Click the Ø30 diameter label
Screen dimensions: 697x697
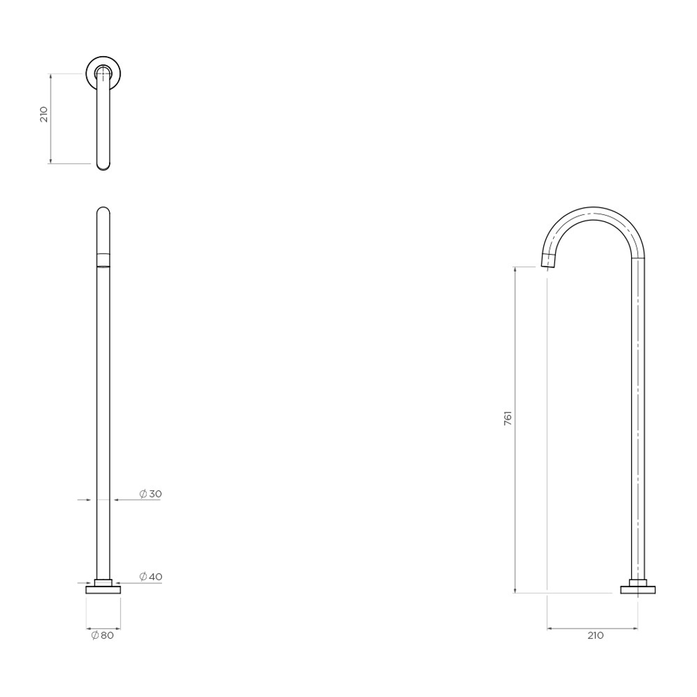[x=150, y=494]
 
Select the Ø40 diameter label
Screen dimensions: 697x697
[x=150, y=576]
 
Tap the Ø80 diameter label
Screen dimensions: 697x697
[x=103, y=636]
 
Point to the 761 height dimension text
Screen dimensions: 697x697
[x=507, y=418]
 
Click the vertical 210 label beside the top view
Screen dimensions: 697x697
[x=44, y=115]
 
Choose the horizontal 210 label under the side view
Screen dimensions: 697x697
[x=595, y=636]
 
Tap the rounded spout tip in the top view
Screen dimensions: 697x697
[x=103, y=166]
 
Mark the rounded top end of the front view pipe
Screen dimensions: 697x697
[x=103, y=210]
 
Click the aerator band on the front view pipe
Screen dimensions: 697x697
[x=103, y=259]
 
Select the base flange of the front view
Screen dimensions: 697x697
[x=103, y=589]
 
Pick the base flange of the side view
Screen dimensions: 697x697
[x=638, y=589]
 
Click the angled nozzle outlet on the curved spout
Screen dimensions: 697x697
[x=548, y=261]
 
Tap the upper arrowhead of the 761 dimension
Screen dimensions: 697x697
[x=515, y=269]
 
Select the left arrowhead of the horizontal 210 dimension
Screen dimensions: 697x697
[x=550, y=627]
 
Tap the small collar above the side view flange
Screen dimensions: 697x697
[x=638, y=582]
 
